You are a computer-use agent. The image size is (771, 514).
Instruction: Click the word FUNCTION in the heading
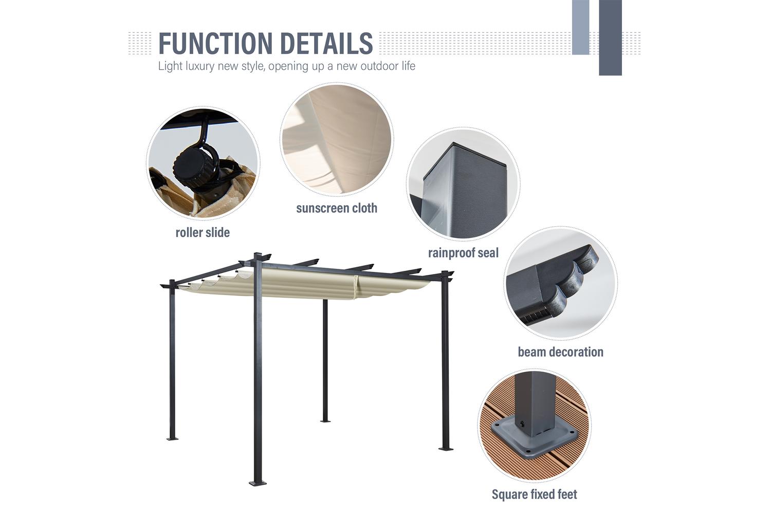pos(215,43)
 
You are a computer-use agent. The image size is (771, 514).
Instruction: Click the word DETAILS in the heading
pos(326,43)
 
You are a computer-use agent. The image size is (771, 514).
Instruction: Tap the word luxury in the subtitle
pos(200,66)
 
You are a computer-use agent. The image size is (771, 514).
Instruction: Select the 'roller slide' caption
pos(203,232)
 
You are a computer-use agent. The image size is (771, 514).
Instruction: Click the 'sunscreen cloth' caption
pos(337,208)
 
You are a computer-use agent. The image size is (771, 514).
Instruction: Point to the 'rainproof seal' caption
pos(463,253)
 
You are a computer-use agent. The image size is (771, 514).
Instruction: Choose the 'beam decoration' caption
pos(560,352)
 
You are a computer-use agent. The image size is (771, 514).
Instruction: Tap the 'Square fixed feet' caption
pos(534,494)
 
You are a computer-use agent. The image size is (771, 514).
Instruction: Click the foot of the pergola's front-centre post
pos(258,483)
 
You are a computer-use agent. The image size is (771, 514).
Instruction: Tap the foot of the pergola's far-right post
pos(446,448)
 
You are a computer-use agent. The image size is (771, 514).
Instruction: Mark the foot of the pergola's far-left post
pos(172,438)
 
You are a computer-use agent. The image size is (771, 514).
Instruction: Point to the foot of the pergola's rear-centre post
pos(325,420)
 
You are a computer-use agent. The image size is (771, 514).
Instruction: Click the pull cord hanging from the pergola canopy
pos(356,289)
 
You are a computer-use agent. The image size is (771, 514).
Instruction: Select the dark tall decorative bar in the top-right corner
pos(610,38)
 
